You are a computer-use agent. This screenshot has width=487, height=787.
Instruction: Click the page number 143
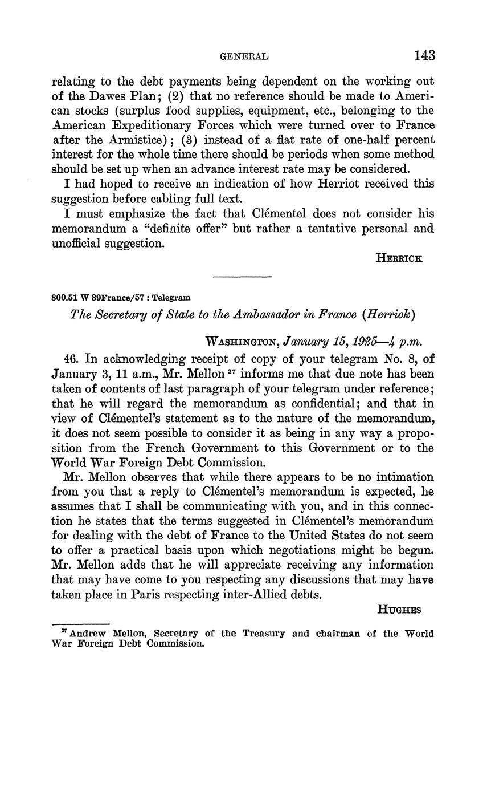point(424,55)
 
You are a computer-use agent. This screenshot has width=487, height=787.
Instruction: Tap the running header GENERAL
point(244,56)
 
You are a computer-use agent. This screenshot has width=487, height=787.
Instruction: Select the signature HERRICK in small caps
point(399,258)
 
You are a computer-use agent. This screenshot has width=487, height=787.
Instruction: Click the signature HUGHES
point(399,609)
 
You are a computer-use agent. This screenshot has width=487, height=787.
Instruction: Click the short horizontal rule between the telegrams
point(243,277)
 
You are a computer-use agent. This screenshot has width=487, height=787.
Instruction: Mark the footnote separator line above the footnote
point(80,624)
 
